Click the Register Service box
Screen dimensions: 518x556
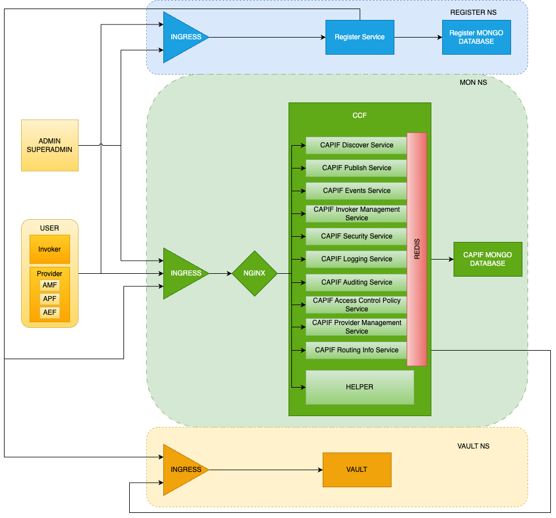click(x=359, y=37)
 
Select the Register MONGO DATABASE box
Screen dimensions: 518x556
click(x=476, y=37)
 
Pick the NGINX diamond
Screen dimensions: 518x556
click(x=254, y=273)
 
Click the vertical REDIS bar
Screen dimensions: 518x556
click(x=417, y=249)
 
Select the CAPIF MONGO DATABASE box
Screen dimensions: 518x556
click(x=488, y=259)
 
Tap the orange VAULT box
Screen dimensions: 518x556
click(x=357, y=470)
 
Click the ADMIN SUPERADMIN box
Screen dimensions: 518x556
click(x=50, y=145)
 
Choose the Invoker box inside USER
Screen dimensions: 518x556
click(x=50, y=249)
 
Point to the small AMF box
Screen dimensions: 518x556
click(x=50, y=285)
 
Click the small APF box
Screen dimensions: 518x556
click(x=50, y=299)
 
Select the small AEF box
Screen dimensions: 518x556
click(x=50, y=313)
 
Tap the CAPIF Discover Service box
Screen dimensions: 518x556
click(x=356, y=145)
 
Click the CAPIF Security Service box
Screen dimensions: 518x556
click(x=356, y=236)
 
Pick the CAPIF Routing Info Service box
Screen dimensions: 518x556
click(x=356, y=350)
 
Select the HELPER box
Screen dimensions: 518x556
click(x=359, y=387)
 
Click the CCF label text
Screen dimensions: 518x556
click(x=360, y=116)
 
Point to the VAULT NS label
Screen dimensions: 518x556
click(x=473, y=446)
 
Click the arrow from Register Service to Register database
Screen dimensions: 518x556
click(x=418, y=37)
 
